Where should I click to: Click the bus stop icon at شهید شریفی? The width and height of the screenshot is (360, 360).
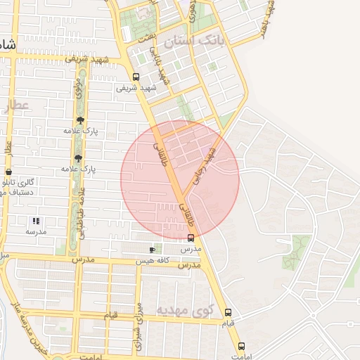pos(136,77)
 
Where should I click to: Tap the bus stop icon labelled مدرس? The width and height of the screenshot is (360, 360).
pos(191,238)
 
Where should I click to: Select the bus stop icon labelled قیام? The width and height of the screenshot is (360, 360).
pos(227,312)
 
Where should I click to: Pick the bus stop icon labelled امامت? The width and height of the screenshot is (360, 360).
pos(242,347)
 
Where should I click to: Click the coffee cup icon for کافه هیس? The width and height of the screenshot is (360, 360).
pos(152,250)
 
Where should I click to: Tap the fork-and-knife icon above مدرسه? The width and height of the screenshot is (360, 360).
pos(36,221)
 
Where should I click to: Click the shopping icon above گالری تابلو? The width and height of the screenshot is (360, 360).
pos(8,172)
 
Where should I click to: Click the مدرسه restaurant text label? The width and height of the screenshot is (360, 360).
pos(36,231)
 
